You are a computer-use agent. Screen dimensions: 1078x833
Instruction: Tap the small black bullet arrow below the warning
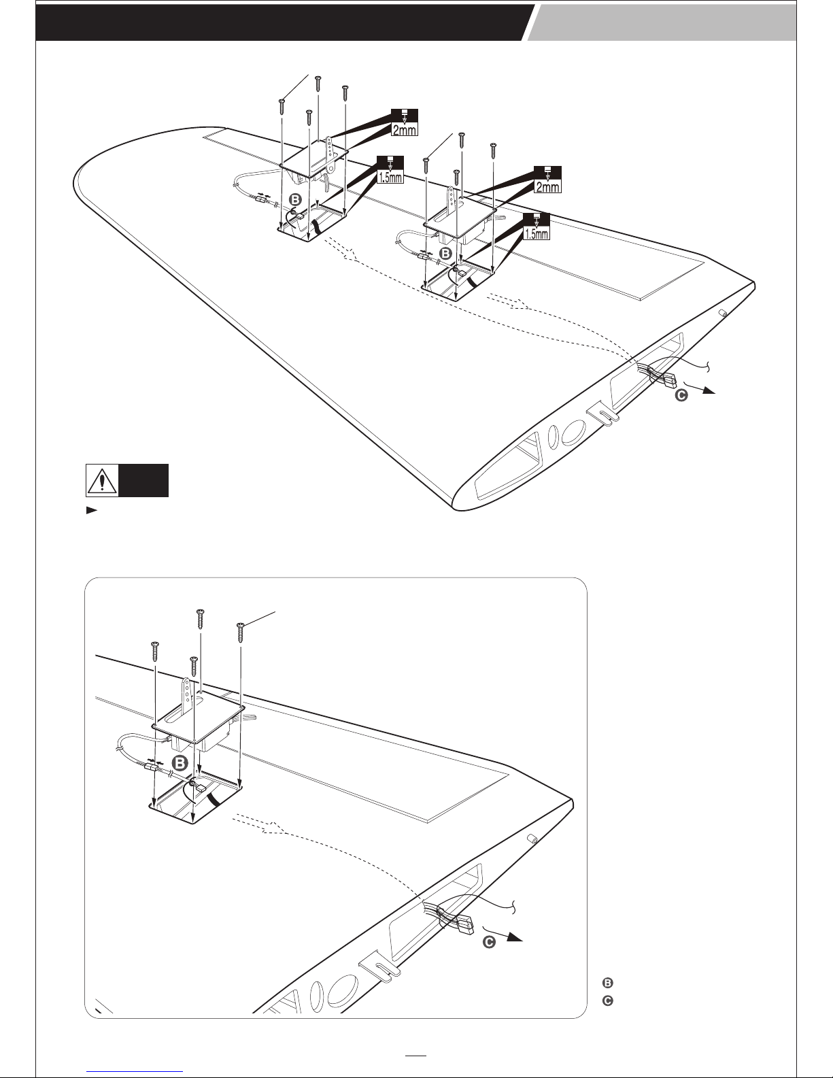click(90, 509)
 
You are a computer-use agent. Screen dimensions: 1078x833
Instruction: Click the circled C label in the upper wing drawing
click(681, 395)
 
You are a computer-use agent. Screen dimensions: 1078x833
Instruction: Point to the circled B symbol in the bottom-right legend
click(608, 982)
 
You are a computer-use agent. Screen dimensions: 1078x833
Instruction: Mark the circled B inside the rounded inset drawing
click(181, 762)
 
